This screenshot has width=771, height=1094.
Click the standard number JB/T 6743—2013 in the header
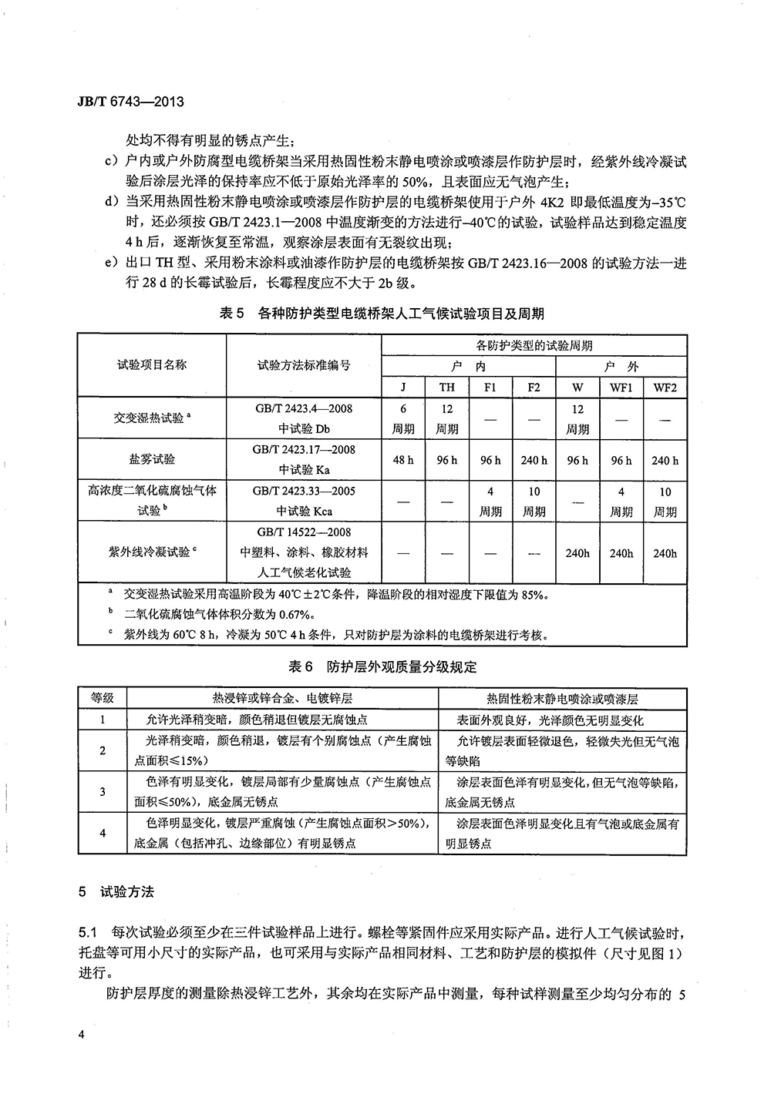(120, 101)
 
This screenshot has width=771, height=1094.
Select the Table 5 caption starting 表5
(382, 313)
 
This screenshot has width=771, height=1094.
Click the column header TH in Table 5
(447, 388)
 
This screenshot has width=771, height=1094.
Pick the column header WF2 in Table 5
(665, 388)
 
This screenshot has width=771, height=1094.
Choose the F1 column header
(490, 388)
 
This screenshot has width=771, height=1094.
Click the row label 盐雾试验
(153, 459)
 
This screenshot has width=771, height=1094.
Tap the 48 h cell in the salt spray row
(403, 460)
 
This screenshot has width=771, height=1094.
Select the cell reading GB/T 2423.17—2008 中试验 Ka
(304, 459)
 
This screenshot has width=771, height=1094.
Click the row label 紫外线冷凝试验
(153, 552)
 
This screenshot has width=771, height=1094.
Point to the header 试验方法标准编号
(304, 364)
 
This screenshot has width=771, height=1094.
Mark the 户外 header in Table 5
(621, 367)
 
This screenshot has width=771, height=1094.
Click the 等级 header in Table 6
(103, 698)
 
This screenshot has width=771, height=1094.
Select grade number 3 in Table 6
(103, 791)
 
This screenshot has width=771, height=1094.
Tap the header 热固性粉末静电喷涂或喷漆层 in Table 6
(563, 699)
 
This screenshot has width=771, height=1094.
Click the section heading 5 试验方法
(117, 892)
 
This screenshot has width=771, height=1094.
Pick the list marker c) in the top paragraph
(109, 163)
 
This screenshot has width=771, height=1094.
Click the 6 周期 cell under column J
(403, 418)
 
